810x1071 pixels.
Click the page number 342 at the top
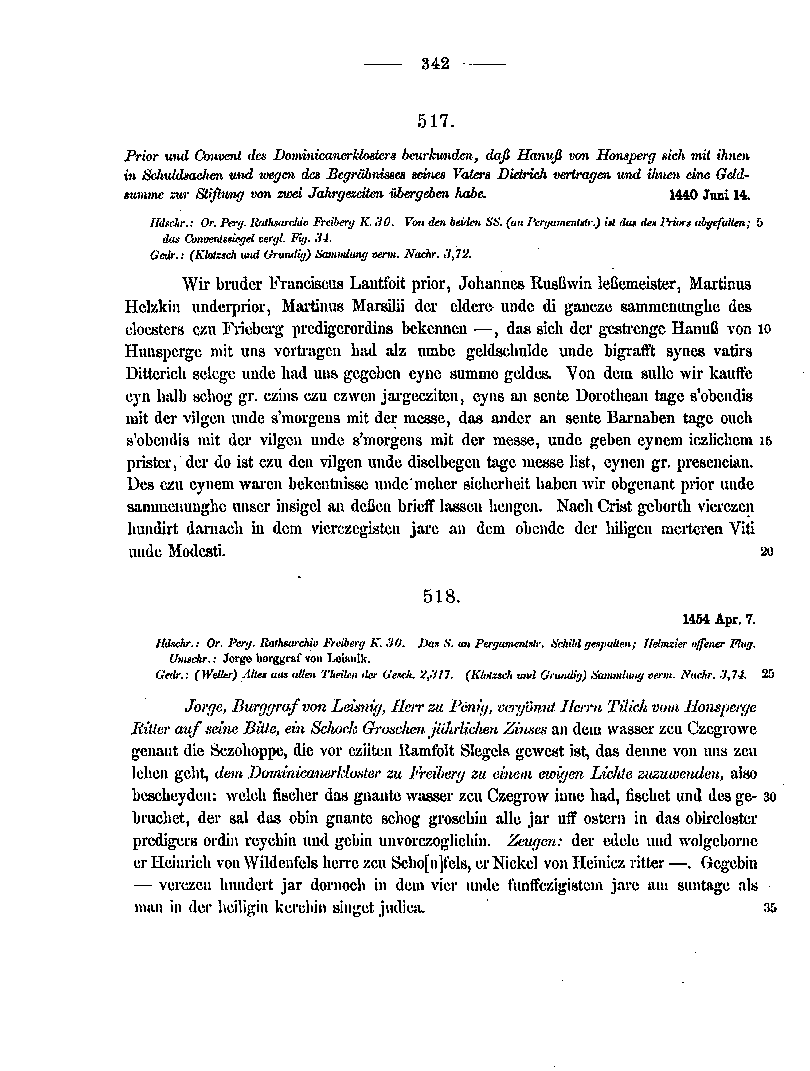(436, 64)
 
